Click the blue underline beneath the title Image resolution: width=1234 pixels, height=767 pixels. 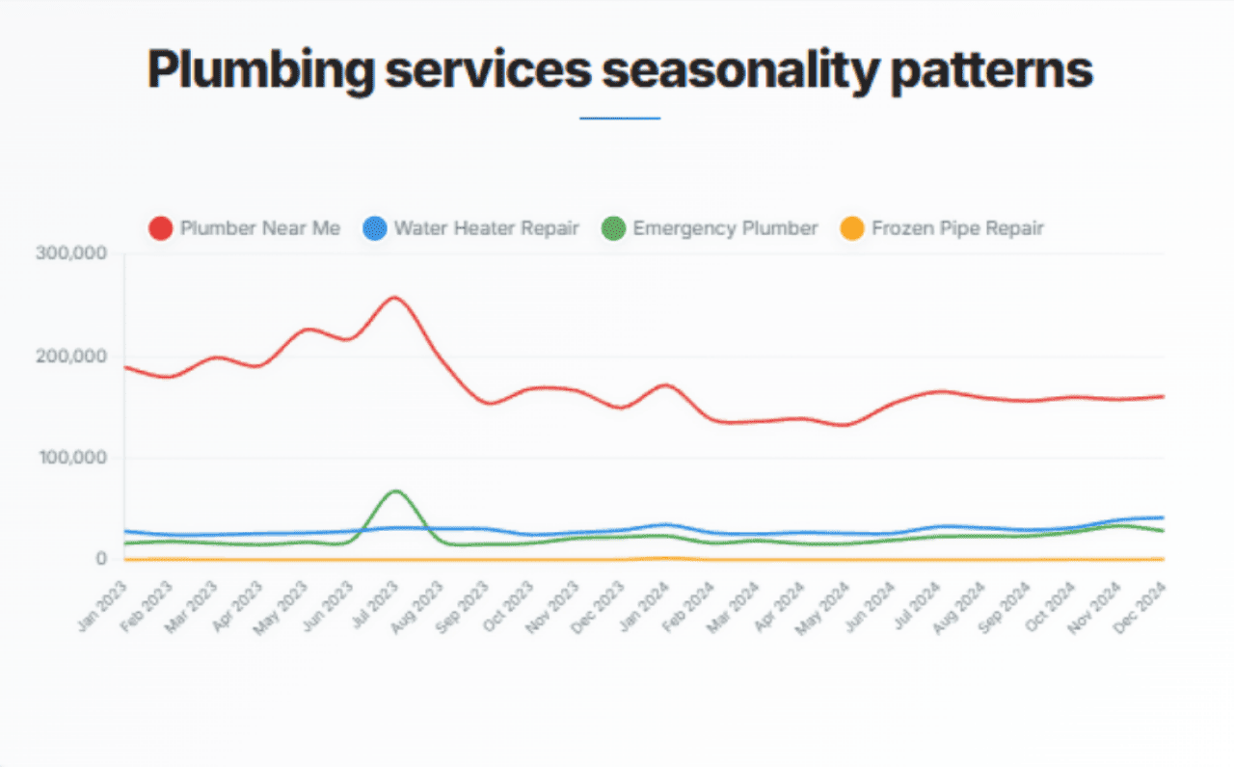pyautogui.click(x=619, y=119)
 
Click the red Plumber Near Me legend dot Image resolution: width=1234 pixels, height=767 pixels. pyautogui.click(x=161, y=228)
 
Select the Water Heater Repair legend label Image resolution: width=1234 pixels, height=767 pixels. pyautogui.click(x=487, y=228)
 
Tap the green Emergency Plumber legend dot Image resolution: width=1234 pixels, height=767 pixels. pyautogui.click(x=613, y=228)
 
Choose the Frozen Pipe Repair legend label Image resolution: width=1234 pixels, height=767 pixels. pyautogui.click(x=957, y=228)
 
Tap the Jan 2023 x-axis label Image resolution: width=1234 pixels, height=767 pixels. pyautogui.click(x=104, y=607)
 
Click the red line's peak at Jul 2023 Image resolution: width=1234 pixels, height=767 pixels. pyautogui.click(x=395, y=297)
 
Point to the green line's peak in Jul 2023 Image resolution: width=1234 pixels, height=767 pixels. pyautogui.click(x=395, y=491)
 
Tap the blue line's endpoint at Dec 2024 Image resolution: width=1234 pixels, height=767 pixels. pyautogui.click(x=1163, y=517)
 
